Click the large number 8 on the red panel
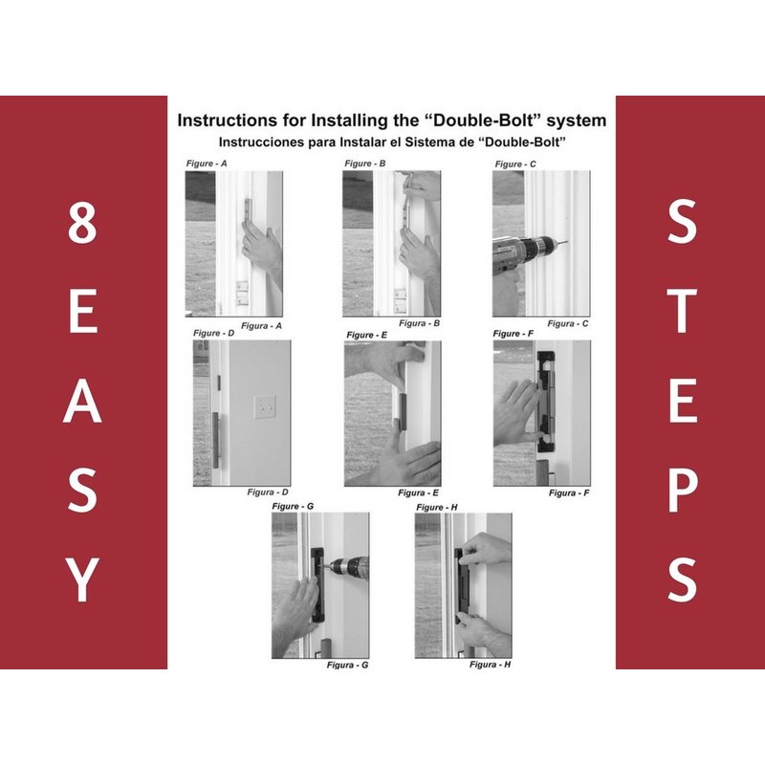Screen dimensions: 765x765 [82, 223]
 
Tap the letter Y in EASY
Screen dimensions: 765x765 [81, 579]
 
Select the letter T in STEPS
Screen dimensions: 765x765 [682, 312]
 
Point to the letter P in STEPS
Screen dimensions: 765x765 [682, 491]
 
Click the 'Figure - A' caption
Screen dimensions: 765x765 [207, 164]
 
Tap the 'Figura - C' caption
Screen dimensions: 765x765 [568, 323]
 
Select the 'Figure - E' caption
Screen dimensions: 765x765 [367, 335]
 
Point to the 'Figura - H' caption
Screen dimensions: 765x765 [491, 665]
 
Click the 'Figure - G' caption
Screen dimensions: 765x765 [293, 507]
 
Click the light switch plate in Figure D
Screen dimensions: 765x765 [265, 407]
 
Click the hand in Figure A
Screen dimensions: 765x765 [262, 249]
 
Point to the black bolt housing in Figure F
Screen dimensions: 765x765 [547, 402]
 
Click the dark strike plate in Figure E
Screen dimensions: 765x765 [403, 412]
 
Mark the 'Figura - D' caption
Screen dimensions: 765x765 [268, 492]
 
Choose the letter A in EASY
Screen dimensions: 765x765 [82, 401]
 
